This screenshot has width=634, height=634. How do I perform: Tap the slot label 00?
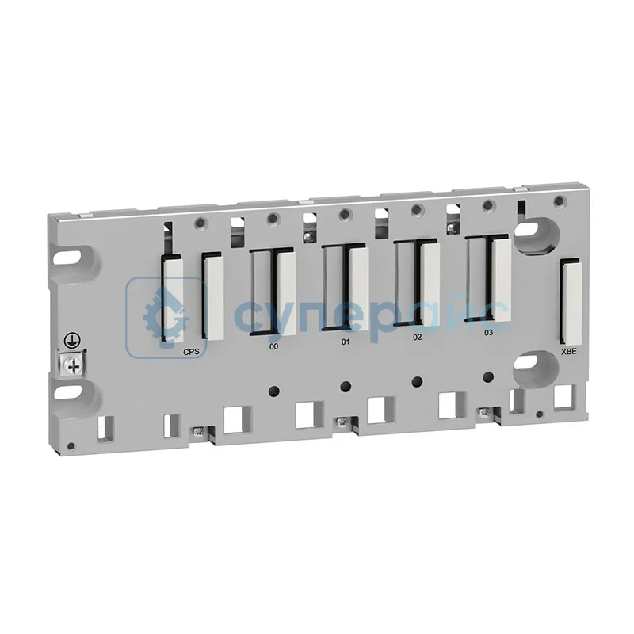tap(273, 346)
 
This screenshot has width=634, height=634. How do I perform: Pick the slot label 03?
tap(488, 333)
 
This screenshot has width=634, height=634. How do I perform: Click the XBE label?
tap(568, 349)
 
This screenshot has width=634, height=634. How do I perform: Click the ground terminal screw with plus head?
tap(73, 365)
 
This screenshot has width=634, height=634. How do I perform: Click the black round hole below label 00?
tap(273, 391)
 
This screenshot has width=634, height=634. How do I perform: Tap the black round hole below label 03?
tap(488, 376)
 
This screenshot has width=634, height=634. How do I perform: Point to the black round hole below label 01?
tap(345, 386)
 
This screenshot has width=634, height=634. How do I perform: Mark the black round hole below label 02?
tap(417, 381)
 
